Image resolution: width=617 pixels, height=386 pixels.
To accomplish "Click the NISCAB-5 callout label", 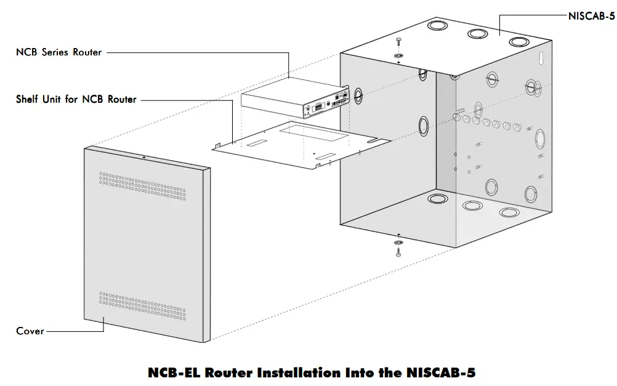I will click(591, 17).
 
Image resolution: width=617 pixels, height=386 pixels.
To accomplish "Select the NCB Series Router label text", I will click(58, 52).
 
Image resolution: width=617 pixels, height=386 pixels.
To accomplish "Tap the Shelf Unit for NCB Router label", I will click(76, 99).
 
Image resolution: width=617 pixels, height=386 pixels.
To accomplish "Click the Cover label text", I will click(30, 331).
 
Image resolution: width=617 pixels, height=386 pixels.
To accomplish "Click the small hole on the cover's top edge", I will click(143, 158).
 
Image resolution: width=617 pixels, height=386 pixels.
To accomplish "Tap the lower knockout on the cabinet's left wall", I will click(423, 126).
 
